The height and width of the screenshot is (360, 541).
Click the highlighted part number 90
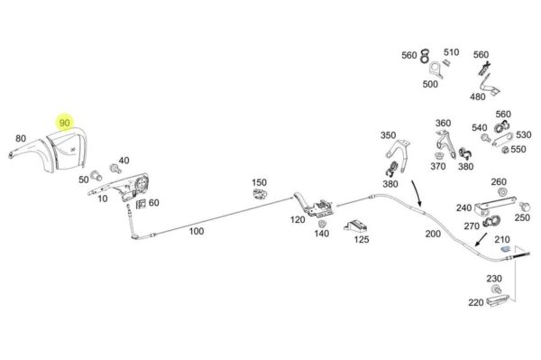[65, 123]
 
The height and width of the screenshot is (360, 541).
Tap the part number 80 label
[21, 138]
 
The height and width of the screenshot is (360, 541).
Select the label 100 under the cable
[197, 231]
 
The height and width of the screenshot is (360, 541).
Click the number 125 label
[362, 239]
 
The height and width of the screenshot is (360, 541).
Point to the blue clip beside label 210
[506, 249]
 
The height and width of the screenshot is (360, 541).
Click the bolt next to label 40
[115, 168]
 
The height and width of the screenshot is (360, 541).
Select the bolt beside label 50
[96, 175]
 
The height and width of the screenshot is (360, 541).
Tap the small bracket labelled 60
[141, 204]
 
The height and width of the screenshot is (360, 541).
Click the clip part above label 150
[260, 194]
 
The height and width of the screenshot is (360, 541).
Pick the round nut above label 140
[323, 224]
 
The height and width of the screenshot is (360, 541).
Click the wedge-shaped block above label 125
[355, 226]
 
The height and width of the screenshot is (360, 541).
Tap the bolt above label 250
[524, 207]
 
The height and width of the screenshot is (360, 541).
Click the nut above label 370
[439, 155]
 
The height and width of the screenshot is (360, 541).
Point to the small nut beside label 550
[505, 150]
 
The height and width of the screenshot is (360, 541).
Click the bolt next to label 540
[486, 138]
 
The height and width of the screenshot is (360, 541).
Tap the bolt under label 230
[496, 289]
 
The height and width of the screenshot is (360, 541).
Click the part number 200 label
[433, 234]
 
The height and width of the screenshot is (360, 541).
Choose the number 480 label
[478, 97]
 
